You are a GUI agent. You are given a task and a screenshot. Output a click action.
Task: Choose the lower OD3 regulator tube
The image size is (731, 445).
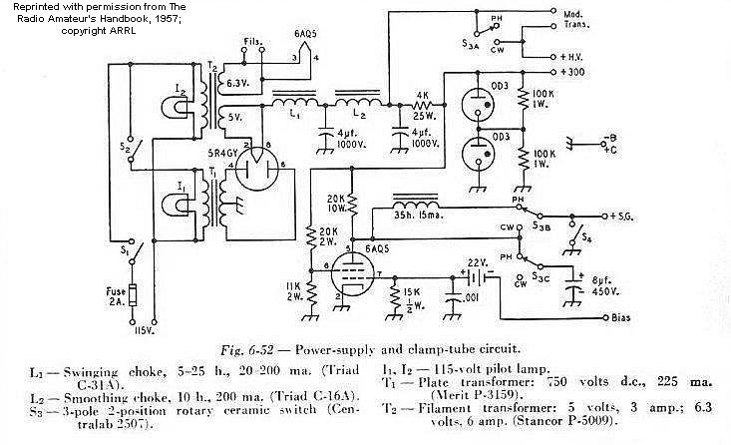click(479, 161)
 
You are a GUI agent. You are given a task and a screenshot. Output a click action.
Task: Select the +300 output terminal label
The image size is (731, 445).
click(601, 73)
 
